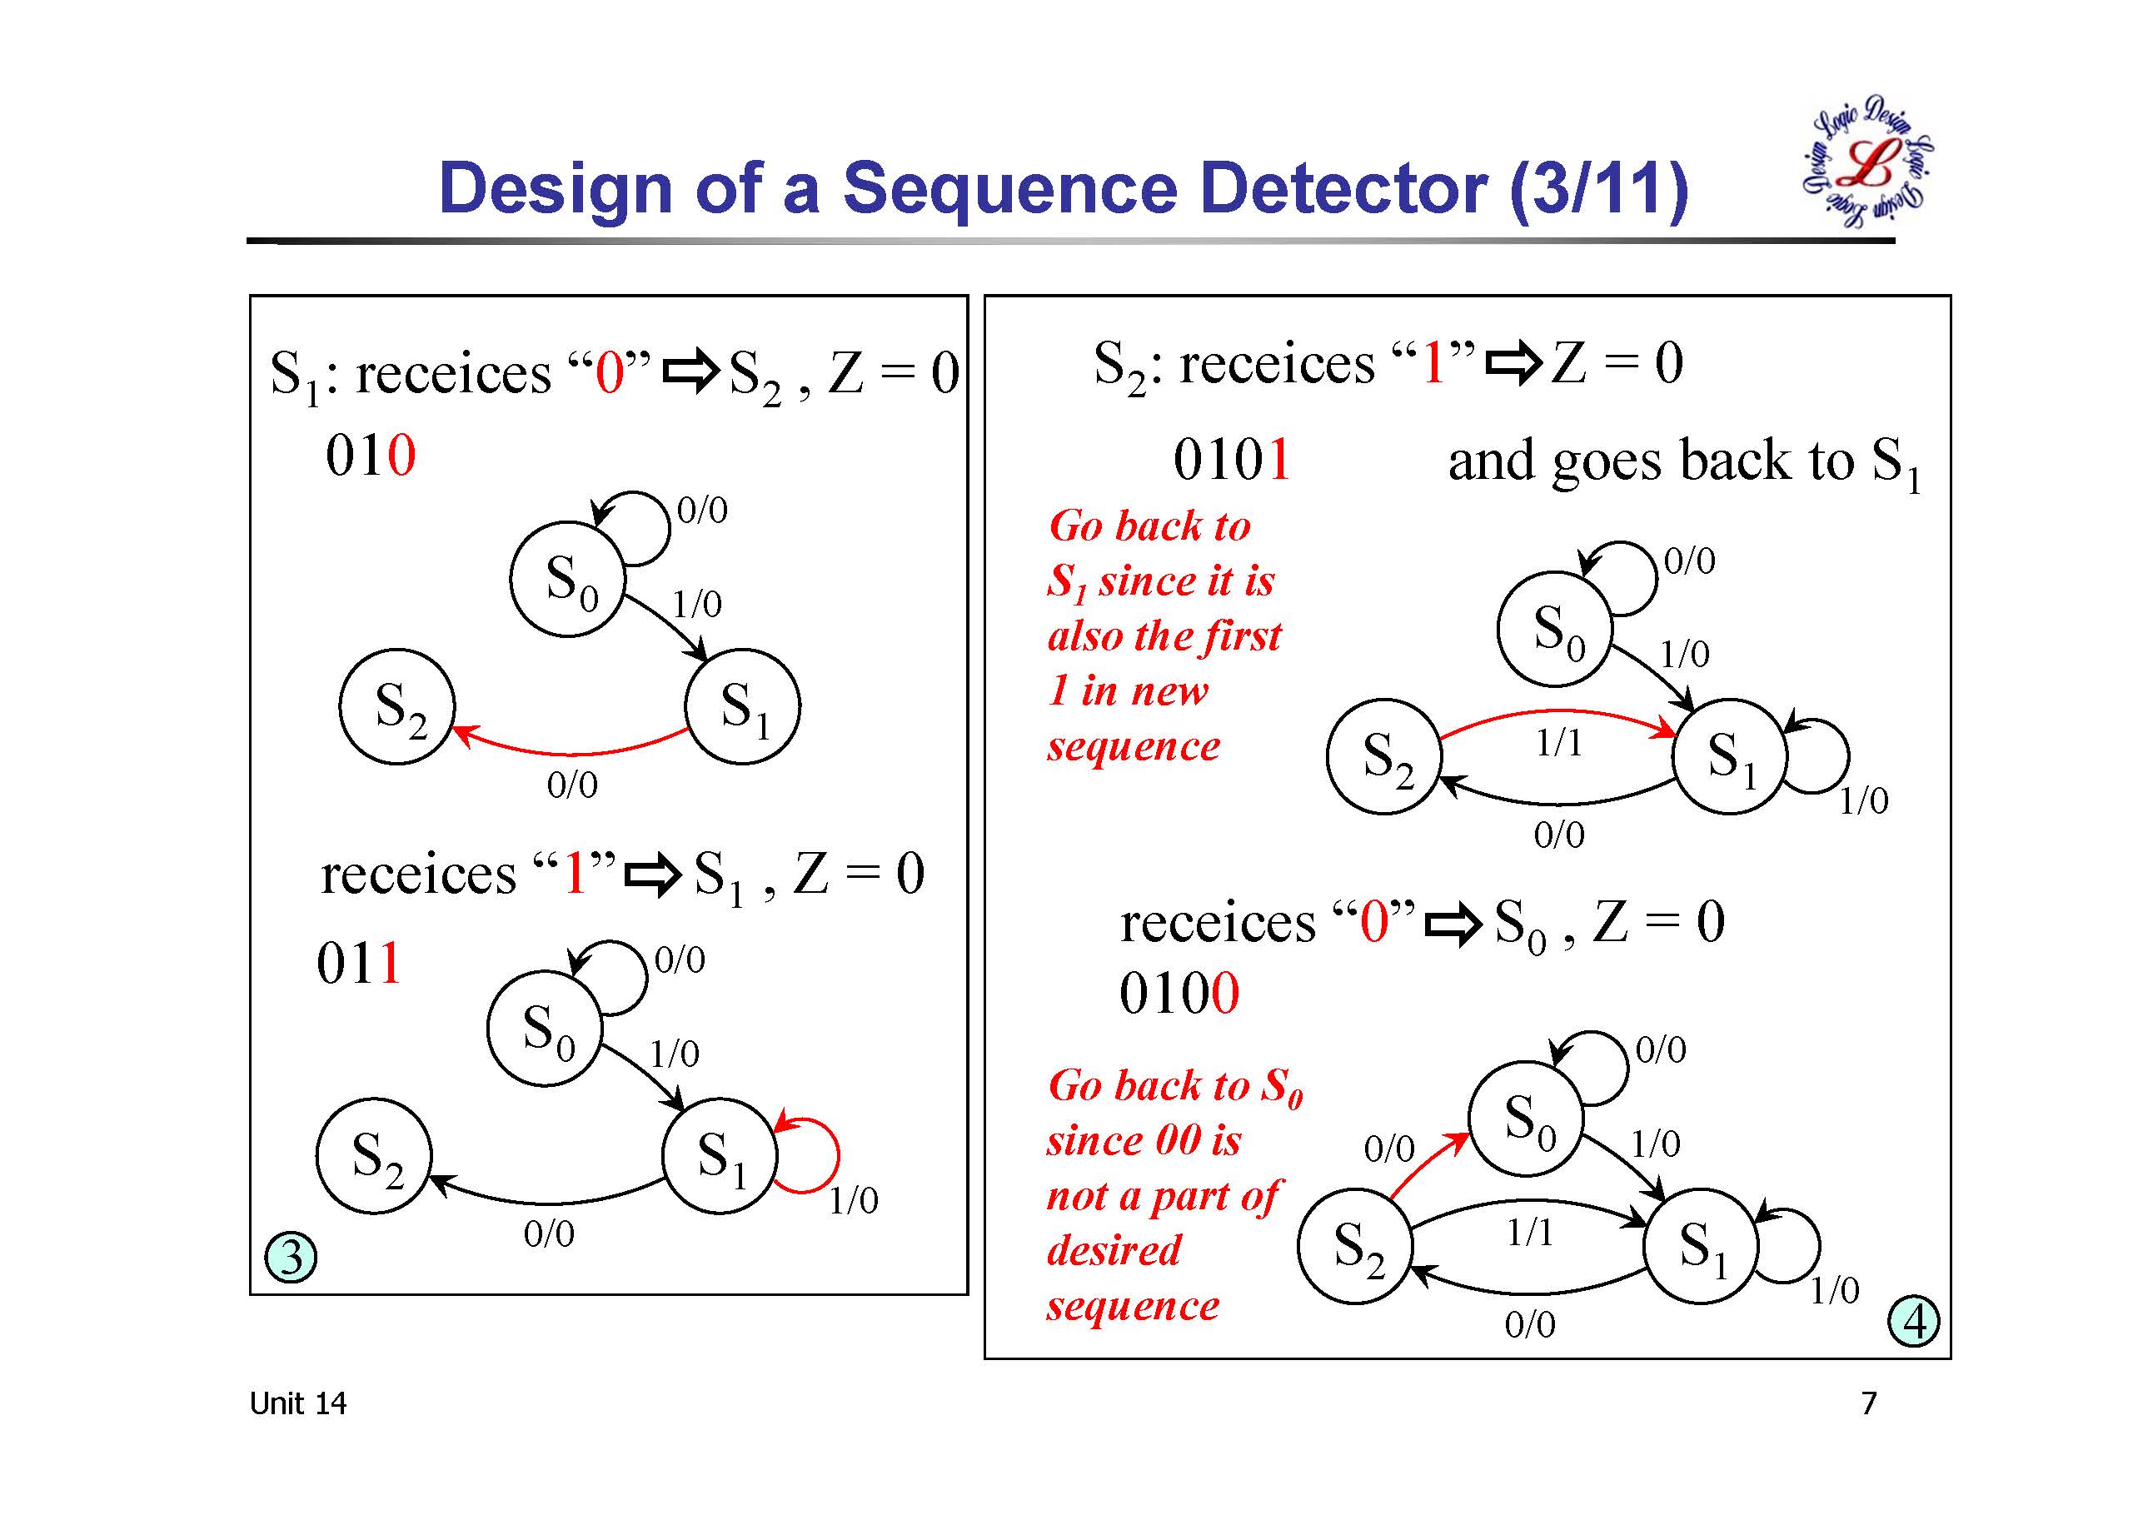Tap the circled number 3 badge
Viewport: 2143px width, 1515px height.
point(292,1258)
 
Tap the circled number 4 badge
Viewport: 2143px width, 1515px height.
point(1913,1321)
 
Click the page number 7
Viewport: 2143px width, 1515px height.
point(1869,1403)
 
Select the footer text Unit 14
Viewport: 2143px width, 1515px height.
point(297,1403)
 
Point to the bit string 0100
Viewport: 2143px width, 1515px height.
point(1179,992)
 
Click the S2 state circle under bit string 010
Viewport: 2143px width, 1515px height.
point(396,706)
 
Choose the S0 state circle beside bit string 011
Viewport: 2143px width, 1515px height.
point(545,1028)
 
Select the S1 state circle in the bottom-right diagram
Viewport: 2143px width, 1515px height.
point(1701,1245)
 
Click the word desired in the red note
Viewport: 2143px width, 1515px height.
point(1114,1251)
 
